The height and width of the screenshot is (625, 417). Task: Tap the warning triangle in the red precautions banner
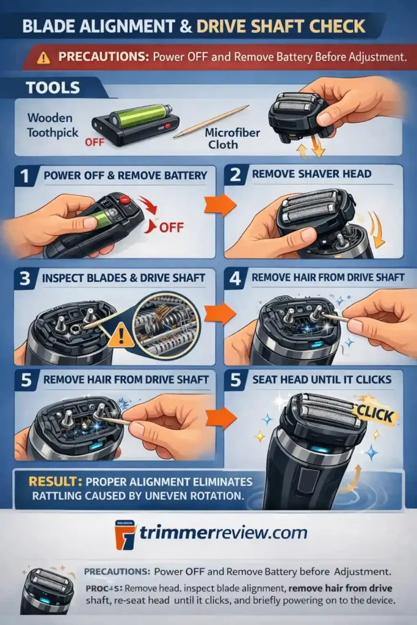(43, 58)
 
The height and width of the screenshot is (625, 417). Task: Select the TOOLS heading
(53, 87)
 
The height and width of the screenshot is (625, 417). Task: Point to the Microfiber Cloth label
(223, 139)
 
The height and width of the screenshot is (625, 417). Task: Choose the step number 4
(234, 278)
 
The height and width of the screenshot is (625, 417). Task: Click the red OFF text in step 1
(172, 228)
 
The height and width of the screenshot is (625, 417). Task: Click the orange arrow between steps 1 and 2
(220, 205)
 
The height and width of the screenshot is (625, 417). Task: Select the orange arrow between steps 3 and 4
(220, 312)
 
